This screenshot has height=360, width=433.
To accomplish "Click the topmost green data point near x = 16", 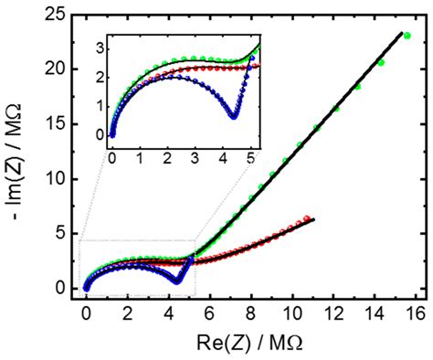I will point(407,36).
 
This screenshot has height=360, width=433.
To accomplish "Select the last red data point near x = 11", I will point(307,218).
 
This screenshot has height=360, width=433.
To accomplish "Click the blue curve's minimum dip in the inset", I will point(234,116).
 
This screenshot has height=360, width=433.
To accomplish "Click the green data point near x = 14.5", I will point(381,63).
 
